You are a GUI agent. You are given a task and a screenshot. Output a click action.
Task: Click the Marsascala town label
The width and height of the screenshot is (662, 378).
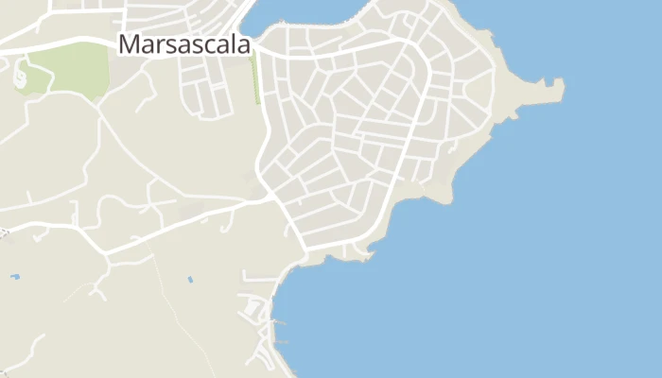[185, 44]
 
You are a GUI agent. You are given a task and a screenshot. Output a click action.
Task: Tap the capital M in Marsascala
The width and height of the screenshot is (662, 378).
[129, 44]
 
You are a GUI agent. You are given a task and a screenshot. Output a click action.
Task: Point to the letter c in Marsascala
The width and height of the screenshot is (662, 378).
[208, 45]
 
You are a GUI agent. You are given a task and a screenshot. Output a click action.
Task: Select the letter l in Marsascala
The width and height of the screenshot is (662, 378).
[235, 43]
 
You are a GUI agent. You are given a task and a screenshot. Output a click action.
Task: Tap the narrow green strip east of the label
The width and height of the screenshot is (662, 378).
[255, 80]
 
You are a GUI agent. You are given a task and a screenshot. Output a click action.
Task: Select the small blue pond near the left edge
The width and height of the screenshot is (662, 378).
[14, 277]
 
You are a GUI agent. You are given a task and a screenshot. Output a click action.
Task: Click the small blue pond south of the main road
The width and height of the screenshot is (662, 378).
[190, 280]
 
